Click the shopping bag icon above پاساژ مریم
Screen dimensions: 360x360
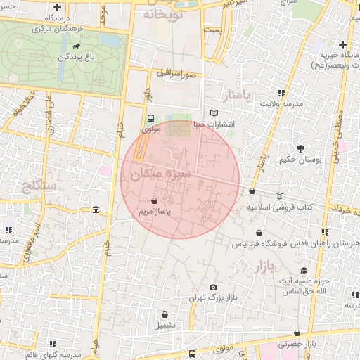(x=154, y=200)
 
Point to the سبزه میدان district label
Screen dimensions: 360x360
(x=163, y=172)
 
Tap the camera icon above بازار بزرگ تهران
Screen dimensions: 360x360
(x=213, y=287)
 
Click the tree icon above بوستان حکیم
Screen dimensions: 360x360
(x=301, y=148)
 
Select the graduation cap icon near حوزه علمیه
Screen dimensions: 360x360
(x=303, y=271)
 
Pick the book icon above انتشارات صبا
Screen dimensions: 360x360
(x=214, y=113)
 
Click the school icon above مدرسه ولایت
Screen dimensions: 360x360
(x=281, y=93)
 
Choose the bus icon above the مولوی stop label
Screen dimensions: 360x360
(x=150, y=119)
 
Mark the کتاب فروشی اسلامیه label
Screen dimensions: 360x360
(x=279, y=208)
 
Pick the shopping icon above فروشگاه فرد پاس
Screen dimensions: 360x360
(x=260, y=233)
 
